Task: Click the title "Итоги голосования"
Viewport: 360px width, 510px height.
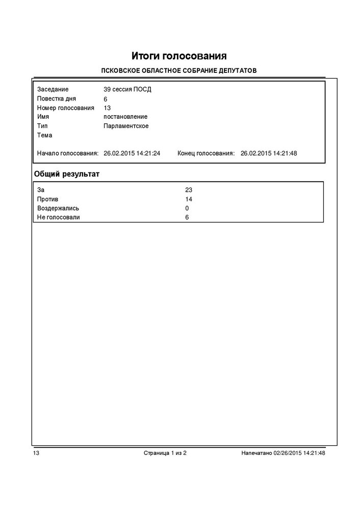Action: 179,55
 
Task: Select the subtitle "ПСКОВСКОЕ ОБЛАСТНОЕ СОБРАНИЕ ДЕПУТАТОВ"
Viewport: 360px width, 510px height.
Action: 179,70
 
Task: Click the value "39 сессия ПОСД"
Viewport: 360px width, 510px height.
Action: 127,90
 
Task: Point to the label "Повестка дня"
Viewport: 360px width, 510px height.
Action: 57,99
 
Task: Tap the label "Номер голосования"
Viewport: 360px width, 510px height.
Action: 66,108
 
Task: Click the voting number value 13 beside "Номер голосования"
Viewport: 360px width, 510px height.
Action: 107,108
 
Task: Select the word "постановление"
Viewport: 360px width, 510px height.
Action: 125,117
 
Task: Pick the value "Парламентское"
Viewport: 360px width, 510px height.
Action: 126,126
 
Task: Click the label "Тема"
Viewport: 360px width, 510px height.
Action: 45,135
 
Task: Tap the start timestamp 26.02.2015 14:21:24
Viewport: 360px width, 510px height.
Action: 132,153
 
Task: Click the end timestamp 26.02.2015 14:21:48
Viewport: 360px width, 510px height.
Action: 269,153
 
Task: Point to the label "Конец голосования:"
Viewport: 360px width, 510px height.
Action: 206,153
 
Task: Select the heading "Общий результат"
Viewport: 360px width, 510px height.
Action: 66,174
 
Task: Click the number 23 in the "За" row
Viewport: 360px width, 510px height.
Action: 189,190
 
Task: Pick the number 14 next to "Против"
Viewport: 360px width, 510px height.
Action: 189,199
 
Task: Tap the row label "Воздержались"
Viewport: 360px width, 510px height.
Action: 58,208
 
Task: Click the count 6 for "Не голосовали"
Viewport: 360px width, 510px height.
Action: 187,217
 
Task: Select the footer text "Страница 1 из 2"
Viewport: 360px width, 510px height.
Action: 165,452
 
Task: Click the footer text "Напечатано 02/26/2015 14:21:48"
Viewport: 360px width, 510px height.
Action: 283,452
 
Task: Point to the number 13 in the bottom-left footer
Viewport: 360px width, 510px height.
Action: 36,452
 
